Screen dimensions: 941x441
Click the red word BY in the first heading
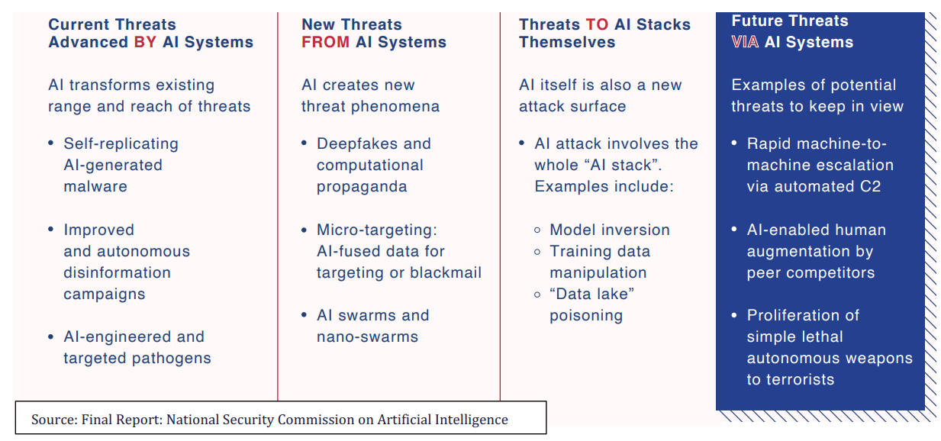point(145,43)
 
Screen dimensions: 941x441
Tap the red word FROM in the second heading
point(326,43)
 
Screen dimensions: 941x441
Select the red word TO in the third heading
point(597,24)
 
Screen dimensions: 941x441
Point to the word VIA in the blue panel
point(745,43)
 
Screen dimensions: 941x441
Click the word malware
point(95,186)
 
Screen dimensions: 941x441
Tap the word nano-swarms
point(368,336)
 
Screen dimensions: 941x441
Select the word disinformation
point(118,272)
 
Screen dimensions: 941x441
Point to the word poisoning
point(586,316)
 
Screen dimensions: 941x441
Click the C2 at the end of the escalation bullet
point(870,186)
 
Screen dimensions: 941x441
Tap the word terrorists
point(801,380)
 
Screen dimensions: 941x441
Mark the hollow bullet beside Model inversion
point(537,230)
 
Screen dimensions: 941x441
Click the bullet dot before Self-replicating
point(51,143)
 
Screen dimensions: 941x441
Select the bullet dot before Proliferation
point(734,315)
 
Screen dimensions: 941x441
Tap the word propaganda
point(362,187)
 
